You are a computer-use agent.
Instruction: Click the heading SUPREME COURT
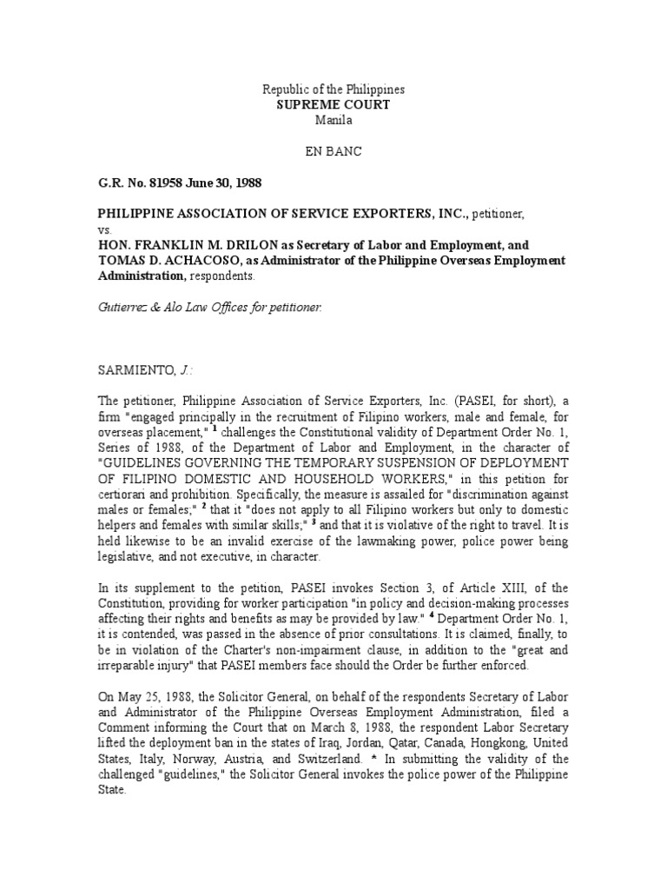pyautogui.click(x=333, y=104)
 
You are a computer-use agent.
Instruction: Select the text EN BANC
pyautogui.click(x=333, y=150)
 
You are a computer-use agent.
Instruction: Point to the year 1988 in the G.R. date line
pyautogui.click(x=244, y=183)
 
